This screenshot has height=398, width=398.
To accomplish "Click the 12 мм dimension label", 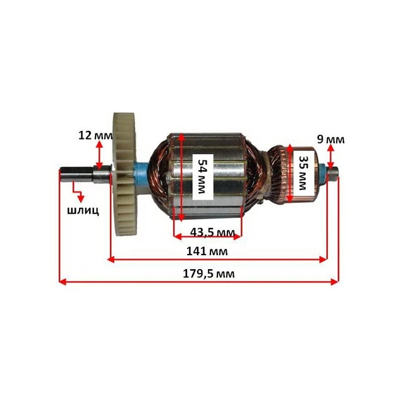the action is point(95,135).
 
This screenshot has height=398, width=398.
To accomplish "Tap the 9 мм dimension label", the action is point(331,140).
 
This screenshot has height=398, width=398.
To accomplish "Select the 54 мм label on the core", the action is point(202,176).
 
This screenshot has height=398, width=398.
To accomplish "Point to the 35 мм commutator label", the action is point(303,172).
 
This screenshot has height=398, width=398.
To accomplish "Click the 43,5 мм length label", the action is point(212,232).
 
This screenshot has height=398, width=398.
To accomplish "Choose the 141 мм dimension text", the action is point(207,251).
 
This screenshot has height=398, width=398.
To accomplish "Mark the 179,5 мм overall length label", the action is point(208,274).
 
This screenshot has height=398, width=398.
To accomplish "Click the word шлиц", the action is point(83,210).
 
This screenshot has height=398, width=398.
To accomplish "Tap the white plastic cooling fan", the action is point(125,174).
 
